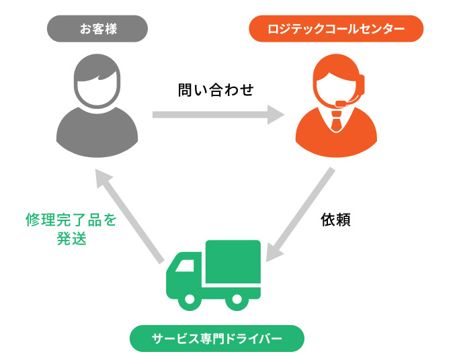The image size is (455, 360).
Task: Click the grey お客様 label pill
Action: [x=97, y=29]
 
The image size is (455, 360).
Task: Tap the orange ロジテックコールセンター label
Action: [x=336, y=29]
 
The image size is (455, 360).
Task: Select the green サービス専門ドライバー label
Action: [x=217, y=339]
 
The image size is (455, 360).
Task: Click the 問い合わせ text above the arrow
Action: [x=216, y=90]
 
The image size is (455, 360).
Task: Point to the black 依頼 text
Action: [x=336, y=220]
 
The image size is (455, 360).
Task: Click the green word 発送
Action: [x=72, y=238]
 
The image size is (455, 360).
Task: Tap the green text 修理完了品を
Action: [x=71, y=220]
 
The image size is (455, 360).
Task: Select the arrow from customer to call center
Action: [x=218, y=115]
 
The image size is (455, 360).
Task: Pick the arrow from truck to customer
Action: [x=130, y=216]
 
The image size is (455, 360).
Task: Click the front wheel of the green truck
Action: [x=190, y=299]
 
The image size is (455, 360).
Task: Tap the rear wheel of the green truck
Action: [x=237, y=299]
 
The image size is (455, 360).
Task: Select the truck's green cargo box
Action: [x=233, y=262]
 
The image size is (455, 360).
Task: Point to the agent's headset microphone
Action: [x=341, y=103]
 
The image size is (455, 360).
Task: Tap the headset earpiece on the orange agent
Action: [x=362, y=85]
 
